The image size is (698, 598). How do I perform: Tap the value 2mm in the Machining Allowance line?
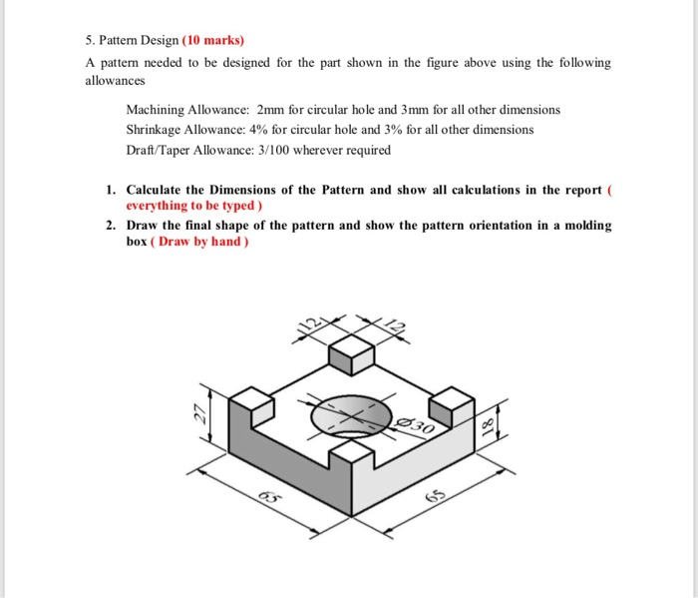[x=271, y=109]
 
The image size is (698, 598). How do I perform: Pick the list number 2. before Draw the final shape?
[x=111, y=226]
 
